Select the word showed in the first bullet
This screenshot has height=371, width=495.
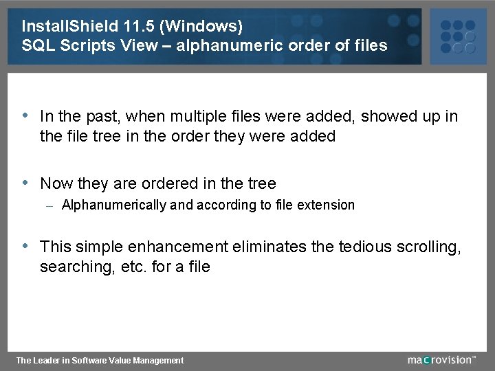pyautogui.click(x=386, y=117)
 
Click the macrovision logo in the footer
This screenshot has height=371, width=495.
pyautogui.click(x=441, y=359)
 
